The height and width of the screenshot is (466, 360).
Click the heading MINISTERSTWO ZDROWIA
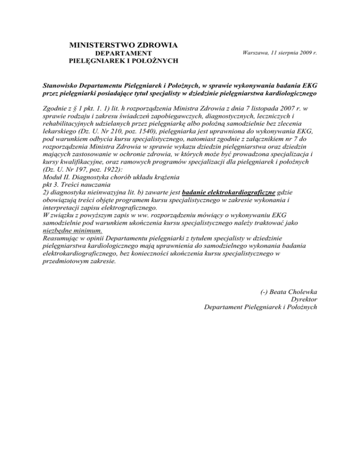123,45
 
